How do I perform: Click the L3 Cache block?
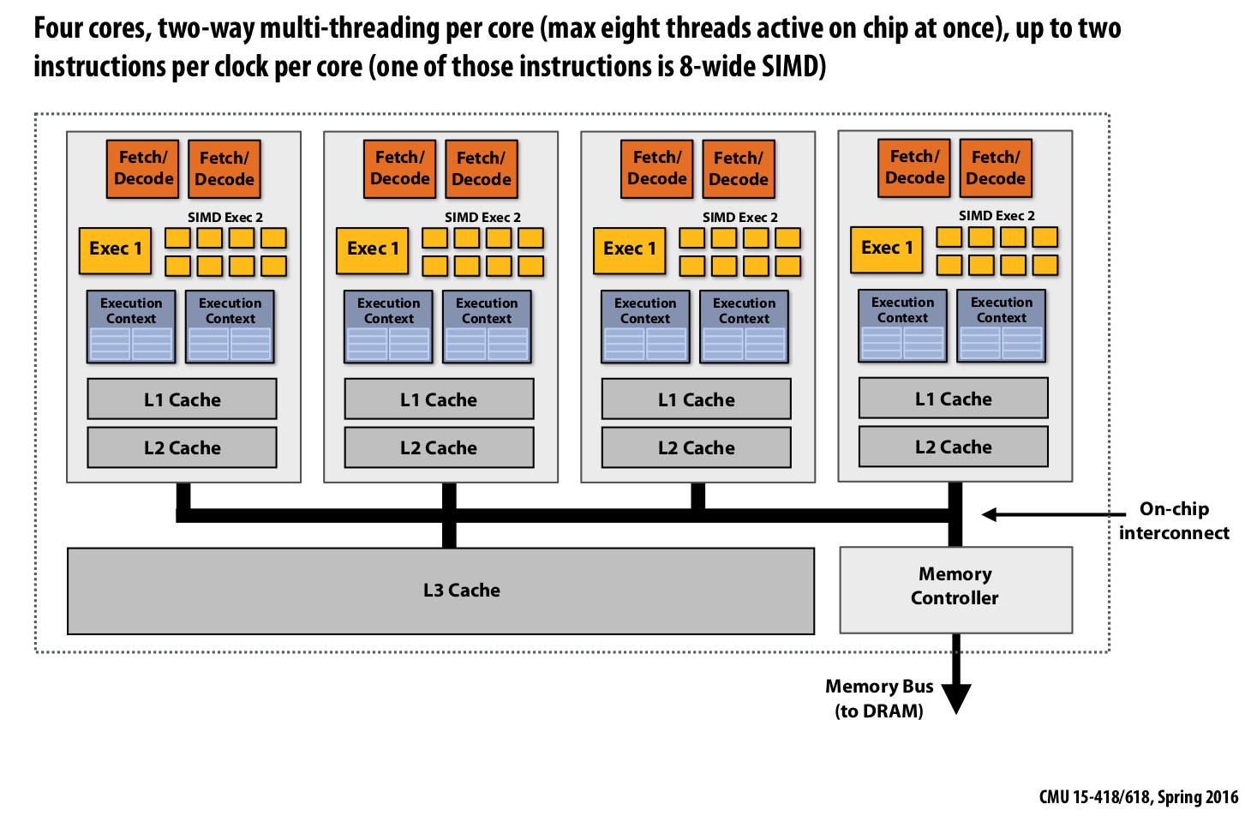click(440, 591)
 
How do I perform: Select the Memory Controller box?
click(955, 590)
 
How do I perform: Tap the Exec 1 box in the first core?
click(115, 249)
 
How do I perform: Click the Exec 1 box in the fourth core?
click(887, 249)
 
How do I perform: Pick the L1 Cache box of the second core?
click(439, 399)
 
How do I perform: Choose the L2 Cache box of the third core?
click(696, 447)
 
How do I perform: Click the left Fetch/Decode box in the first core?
click(143, 168)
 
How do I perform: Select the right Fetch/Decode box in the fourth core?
click(996, 168)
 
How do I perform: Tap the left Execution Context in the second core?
click(388, 327)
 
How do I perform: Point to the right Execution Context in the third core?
click(744, 327)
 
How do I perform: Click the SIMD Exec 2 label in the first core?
click(225, 218)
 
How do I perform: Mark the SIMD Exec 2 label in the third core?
click(740, 218)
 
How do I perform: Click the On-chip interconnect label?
click(1174, 520)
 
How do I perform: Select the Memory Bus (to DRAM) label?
click(879, 698)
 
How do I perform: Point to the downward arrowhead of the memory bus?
click(955, 699)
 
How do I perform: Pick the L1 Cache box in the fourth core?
click(953, 399)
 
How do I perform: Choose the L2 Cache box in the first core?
click(182, 447)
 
